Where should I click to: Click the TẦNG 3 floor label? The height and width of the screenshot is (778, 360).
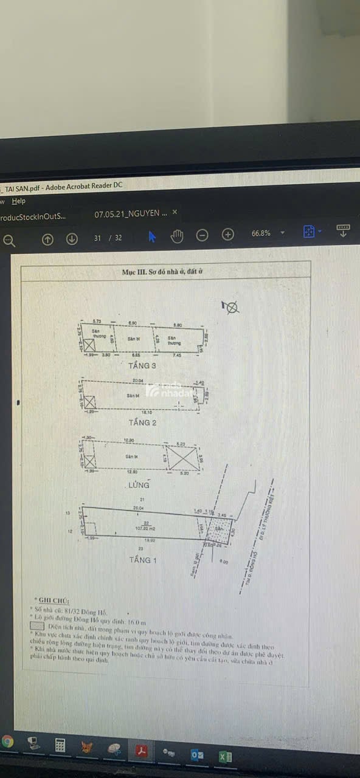click(143, 366)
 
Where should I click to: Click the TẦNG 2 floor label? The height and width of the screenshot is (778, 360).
click(143, 422)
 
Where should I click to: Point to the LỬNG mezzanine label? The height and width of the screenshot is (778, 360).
click(139, 485)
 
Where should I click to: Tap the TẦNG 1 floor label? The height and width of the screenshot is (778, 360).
click(144, 560)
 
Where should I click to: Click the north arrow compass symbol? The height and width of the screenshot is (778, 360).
click(231, 308)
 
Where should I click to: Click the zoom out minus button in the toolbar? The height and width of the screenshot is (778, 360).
click(202, 236)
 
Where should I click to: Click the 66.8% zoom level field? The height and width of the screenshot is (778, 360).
click(261, 233)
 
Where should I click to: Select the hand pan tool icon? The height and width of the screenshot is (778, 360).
click(177, 236)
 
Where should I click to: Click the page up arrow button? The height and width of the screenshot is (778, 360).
click(47, 239)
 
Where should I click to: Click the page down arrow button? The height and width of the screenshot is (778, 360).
click(72, 239)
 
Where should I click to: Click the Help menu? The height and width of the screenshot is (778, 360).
click(19, 201)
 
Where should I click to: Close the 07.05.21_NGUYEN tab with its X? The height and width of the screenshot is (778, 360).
click(175, 212)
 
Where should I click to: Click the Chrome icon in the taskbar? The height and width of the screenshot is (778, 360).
click(7, 741)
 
